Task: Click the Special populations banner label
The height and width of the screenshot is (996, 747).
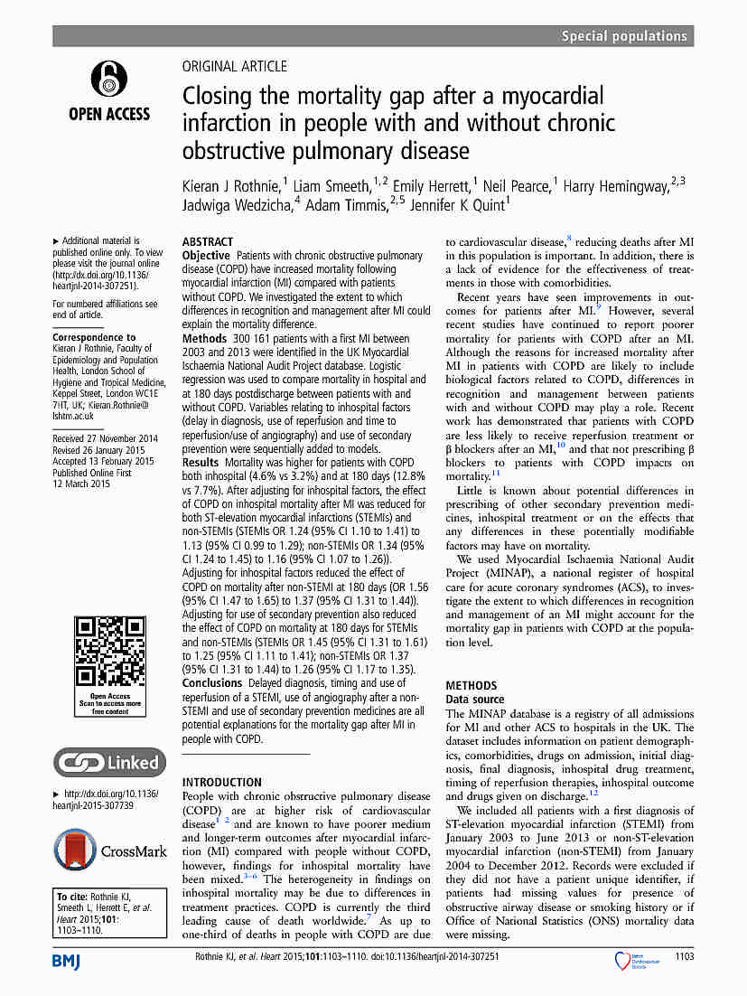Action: tap(624, 36)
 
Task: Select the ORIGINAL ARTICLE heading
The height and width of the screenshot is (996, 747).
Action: tap(235, 66)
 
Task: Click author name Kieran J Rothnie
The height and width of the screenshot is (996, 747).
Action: tap(231, 187)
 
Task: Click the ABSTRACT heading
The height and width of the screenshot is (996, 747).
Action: tap(207, 243)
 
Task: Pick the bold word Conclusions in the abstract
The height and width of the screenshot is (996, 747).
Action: tap(212, 683)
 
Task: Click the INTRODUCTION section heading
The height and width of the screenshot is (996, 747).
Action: tap(222, 783)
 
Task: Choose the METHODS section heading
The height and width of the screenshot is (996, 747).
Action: tap(472, 686)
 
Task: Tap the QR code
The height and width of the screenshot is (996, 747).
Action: tap(109, 653)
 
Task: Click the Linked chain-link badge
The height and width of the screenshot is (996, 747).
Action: tap(109, 762)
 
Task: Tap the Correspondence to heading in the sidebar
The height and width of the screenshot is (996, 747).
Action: tap(94, 337)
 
